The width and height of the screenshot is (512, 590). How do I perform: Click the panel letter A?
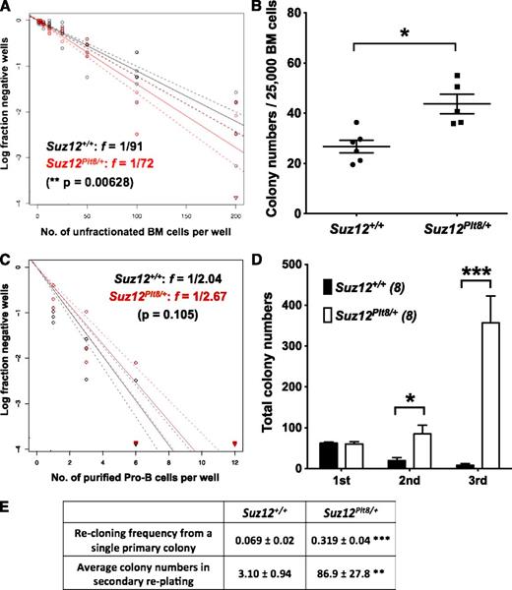point(8,9)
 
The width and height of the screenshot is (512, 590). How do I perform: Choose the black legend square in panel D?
point(324,286)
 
